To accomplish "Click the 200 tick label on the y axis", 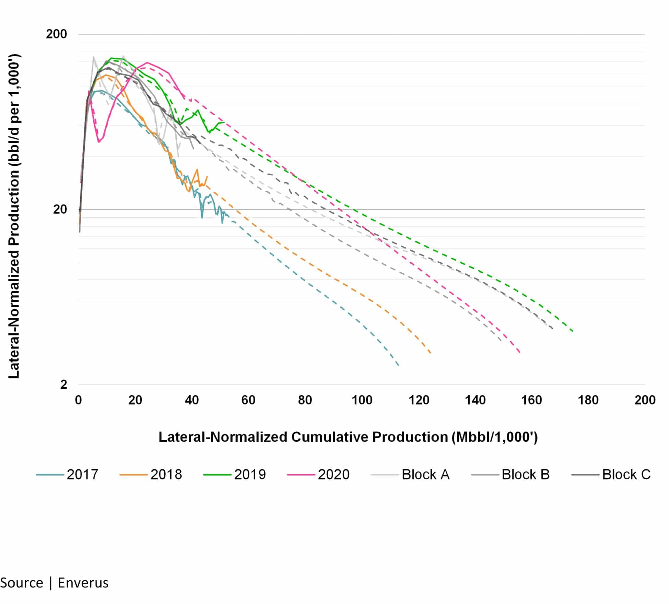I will point(56,34).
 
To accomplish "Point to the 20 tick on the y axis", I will point(60,209).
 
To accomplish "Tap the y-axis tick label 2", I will point(63,385).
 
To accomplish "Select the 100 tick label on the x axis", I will point(362,400).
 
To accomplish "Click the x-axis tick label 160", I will point(531,400).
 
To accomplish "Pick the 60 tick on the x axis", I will point(248,400).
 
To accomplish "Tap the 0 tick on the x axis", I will point(79,400).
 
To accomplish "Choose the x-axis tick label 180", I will point(588,400).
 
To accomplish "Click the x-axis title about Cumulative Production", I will point(348,437).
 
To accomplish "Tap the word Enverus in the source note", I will point(83,583).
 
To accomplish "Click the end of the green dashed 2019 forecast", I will point(573,331).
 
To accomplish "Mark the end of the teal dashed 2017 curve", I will point(398,365).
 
